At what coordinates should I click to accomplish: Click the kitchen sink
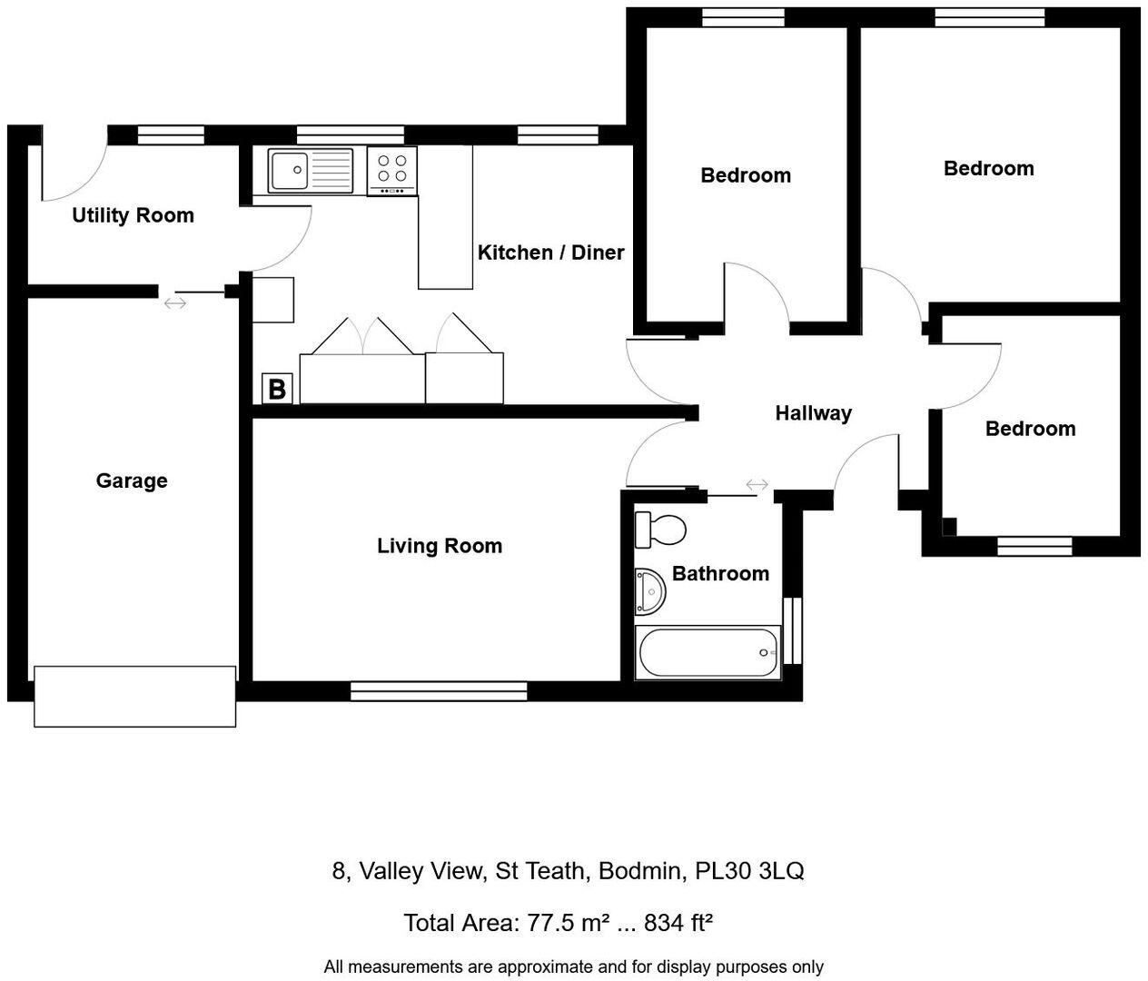pos(310,171)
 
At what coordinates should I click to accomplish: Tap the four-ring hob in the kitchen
pos(392,170)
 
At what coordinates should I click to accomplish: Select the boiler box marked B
pos(277,389)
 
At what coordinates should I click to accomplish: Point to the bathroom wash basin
pos(650,591)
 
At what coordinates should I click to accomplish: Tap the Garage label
pos(132,481)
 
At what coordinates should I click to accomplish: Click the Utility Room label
pos(133,215)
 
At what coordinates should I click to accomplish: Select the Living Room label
pos(440,546)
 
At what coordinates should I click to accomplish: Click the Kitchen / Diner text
pos(550,253)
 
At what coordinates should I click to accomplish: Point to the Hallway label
pos(813,413)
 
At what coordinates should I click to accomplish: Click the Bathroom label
pos(720,573)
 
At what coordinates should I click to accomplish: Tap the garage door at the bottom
pos(135,696)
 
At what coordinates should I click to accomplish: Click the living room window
pos(439,692)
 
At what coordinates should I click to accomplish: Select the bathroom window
pos(793,629)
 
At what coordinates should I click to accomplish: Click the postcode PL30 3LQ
pos(749,871)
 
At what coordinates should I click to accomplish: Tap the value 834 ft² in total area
pos(678,923)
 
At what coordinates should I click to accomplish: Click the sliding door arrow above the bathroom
pos(757,485)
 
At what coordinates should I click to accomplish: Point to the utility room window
pos(171,135)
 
